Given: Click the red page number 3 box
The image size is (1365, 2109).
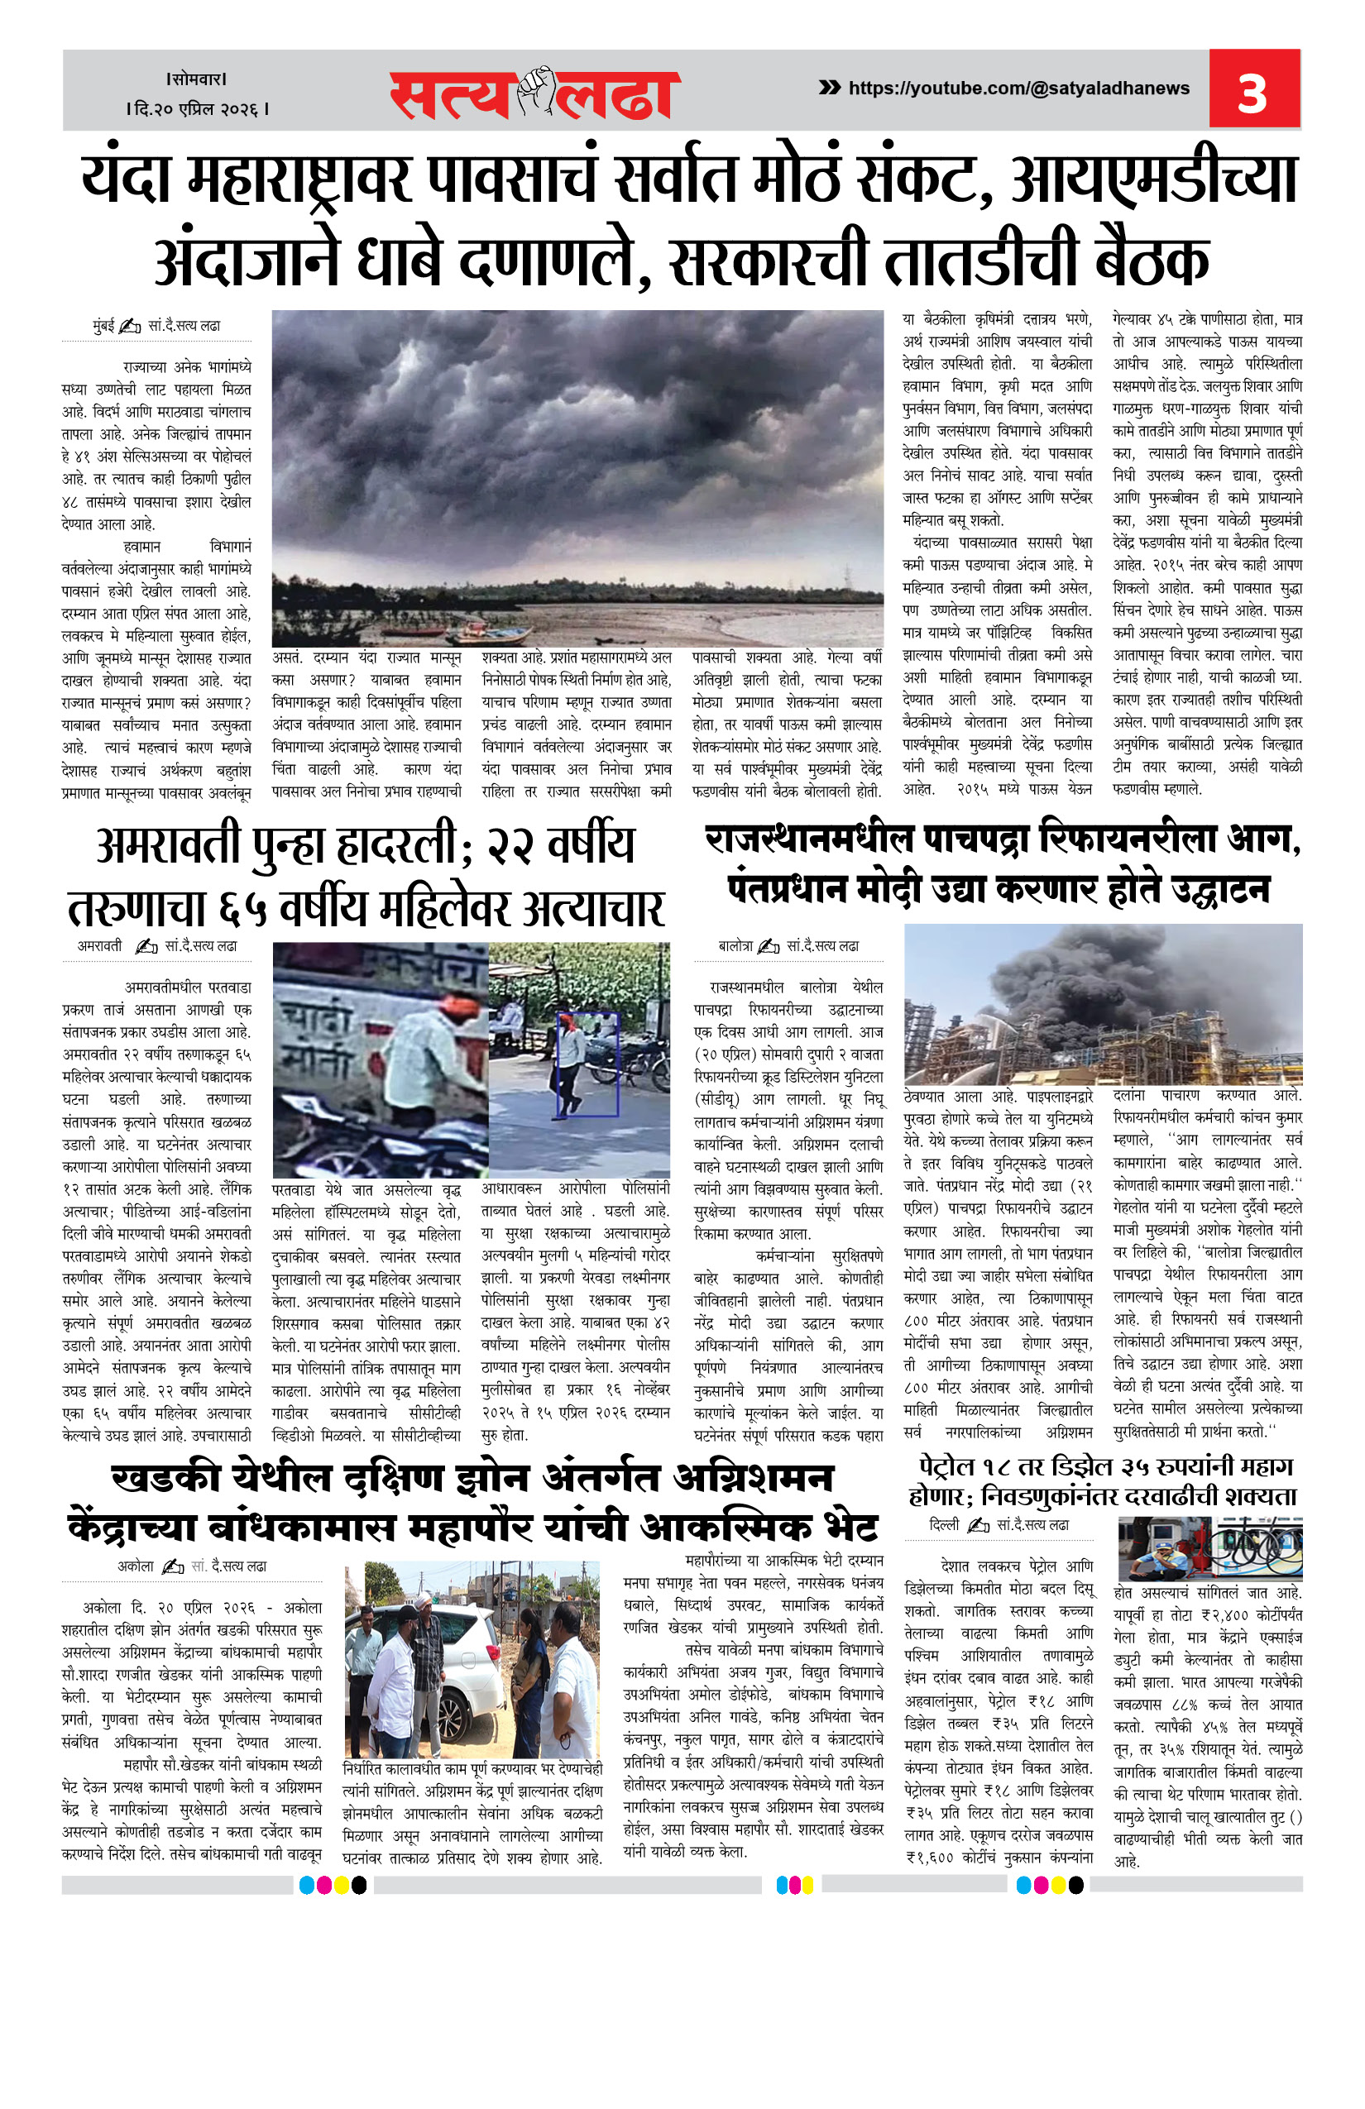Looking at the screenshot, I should pos(1253,89).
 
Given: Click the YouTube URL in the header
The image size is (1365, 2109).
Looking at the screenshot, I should pos(1018,88).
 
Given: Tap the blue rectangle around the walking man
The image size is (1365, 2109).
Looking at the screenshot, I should pos(587,1063).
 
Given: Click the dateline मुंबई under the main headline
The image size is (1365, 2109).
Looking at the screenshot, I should pos(103,326).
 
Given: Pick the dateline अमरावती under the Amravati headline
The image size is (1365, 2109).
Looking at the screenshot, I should pos(99,945).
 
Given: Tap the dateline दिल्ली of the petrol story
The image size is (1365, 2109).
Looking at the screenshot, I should pos(944,1525).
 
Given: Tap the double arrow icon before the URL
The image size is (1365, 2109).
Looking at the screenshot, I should pos(830,87).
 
